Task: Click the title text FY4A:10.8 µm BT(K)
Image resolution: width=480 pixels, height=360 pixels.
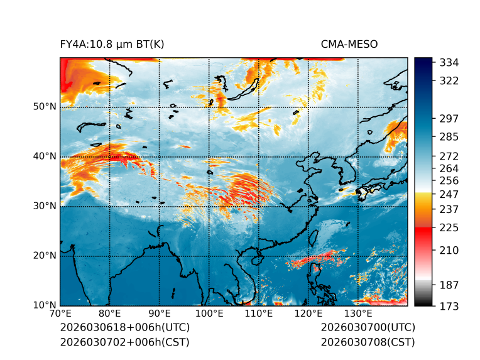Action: pos(112,44)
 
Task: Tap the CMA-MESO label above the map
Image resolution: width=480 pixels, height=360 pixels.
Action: pos(349,44)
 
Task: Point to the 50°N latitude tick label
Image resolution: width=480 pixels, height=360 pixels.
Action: pos(44,107)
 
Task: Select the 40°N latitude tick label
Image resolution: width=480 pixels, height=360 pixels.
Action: pos(44,156)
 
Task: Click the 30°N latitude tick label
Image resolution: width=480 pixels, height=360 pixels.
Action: pos(44,206)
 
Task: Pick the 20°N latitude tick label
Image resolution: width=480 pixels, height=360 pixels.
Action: pos(44,256)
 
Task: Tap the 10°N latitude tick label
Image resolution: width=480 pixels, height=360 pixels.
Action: pos(44,305)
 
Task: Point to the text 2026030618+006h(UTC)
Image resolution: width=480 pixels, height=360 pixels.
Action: pos(124,328)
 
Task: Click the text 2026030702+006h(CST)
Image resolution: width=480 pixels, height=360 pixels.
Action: pos(124,342)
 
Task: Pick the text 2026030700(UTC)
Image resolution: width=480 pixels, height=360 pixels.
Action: pos(368,328)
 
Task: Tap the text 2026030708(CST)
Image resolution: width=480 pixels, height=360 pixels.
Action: pos(368,342)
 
